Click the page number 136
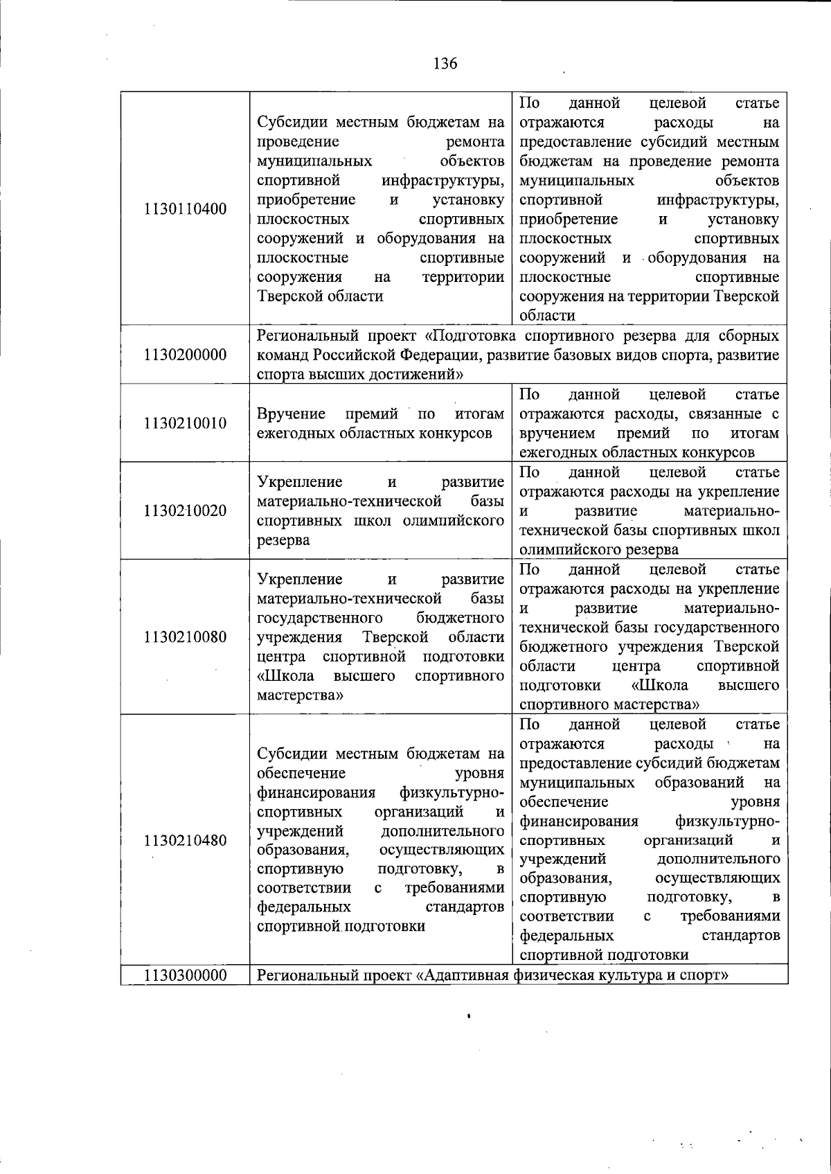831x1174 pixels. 445,64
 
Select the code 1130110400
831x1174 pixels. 186,209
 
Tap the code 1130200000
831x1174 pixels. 186,355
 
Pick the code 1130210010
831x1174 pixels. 186,423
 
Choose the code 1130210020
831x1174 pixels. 186,511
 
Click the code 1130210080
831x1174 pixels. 186,637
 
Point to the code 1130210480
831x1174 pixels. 186,841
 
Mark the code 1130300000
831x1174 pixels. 186,976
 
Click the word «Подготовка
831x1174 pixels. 470,337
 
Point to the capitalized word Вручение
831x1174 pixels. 291,414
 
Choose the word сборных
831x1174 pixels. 745,337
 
